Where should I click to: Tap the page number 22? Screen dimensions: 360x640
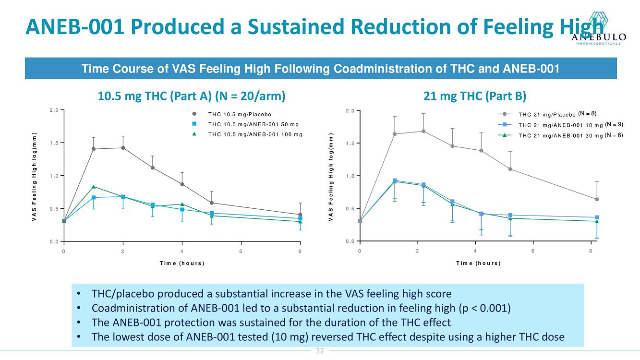coord(320,351)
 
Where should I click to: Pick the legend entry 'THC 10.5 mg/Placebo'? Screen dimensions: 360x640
coord(240,114)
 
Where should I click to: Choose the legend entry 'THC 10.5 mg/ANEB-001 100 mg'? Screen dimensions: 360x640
coord(255,134)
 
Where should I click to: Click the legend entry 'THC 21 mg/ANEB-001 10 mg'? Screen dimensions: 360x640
coord(560,125)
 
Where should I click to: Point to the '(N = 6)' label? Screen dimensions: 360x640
coord(614,135)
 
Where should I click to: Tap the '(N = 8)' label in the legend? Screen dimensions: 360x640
coord(587,114)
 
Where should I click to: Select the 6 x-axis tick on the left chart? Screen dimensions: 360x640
coord(241,251)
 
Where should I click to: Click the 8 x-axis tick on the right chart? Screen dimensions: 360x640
coord(591,251)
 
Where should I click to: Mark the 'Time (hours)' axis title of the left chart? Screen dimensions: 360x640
coord(181,263)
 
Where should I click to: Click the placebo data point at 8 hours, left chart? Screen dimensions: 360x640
coord(300,215)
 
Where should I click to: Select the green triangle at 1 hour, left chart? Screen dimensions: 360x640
coord(94,187)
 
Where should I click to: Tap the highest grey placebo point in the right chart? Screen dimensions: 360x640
coord(423,131)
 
